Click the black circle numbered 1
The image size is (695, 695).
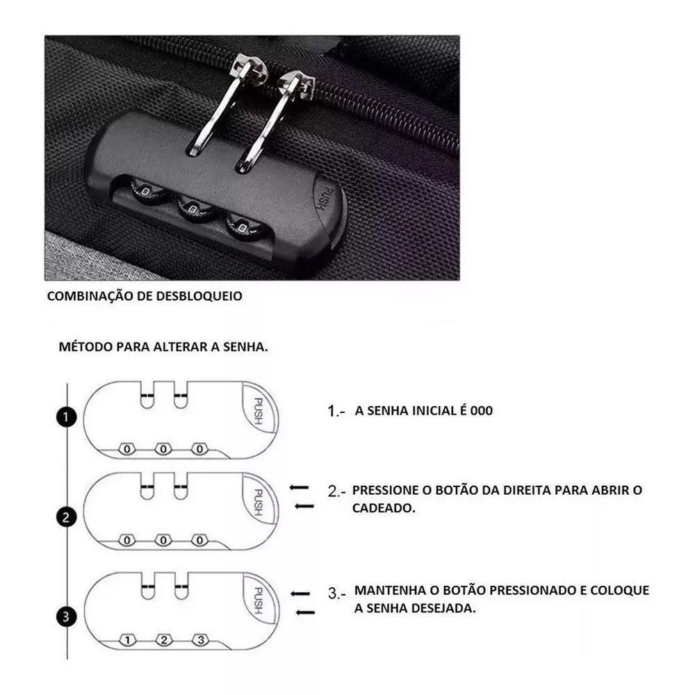coord(66,418)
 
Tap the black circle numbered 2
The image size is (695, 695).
coord(66,517)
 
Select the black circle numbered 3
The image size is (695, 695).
coord(66,617)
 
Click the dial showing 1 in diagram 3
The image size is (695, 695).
coord(127,640)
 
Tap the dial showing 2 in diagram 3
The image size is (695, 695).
coord(164,640)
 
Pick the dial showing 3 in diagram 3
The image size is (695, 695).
coord(200,640)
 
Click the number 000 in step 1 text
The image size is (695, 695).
coord(482,411)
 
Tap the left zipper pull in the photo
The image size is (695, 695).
coord(224,104)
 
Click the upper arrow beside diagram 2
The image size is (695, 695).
coord(299,488)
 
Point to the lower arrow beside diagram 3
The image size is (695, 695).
coord(305,612)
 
